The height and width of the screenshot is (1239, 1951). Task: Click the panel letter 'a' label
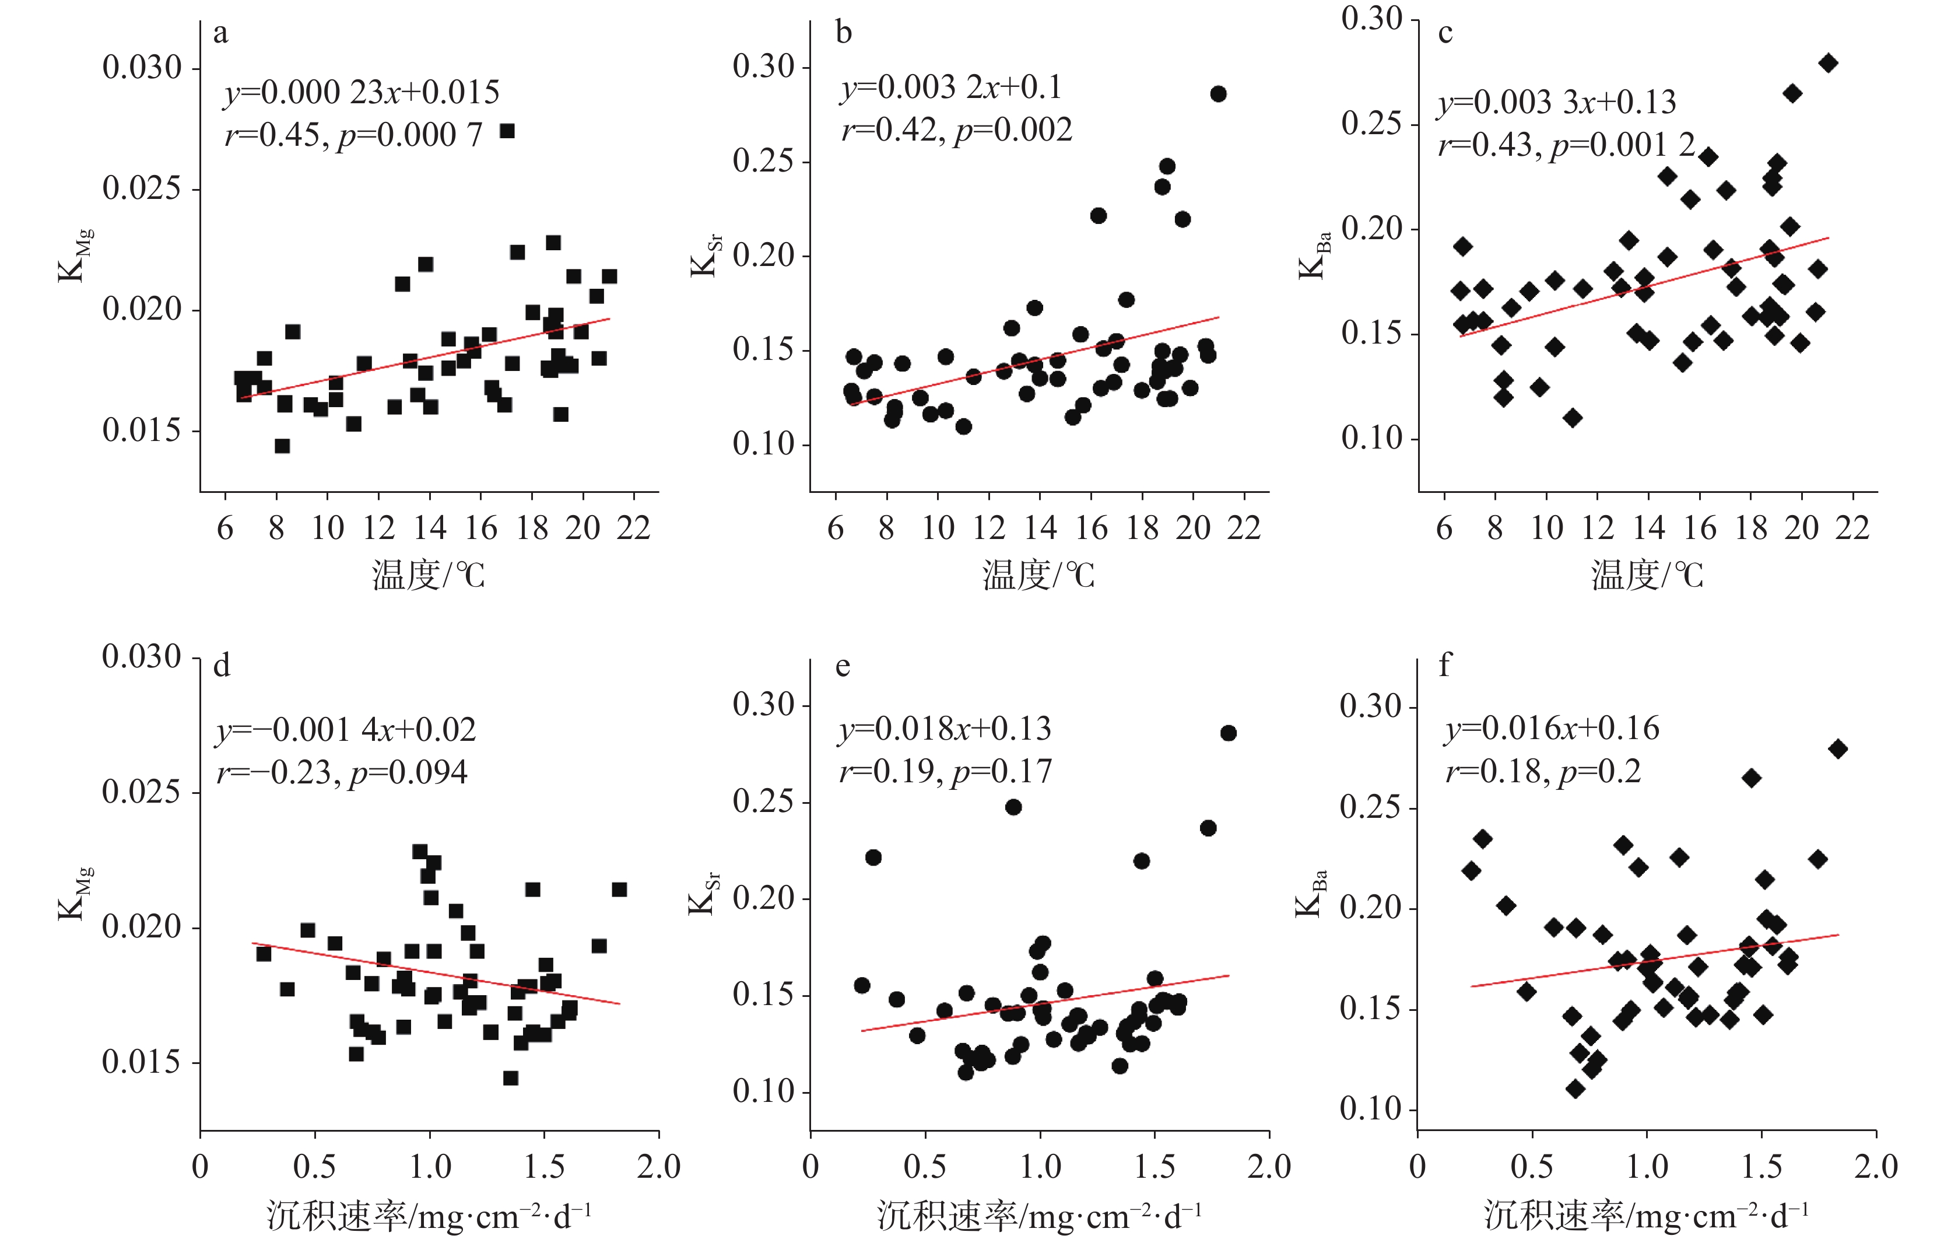point(220,34)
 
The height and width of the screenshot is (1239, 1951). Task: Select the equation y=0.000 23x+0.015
point(362,92)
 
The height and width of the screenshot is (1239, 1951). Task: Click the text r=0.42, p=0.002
point(956,129)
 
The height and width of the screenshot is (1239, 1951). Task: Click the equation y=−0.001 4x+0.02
point(346,730)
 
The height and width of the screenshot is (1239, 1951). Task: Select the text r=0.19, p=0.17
point(945,771)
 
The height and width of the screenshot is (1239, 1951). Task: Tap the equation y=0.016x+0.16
point(1552,729)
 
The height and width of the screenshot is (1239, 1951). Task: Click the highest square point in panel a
point(507,131)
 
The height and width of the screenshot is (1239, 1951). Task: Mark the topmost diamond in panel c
point(1828,63)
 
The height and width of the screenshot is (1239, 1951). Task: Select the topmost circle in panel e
point(1229,733)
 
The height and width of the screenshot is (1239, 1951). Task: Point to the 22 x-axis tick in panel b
point(1243,529)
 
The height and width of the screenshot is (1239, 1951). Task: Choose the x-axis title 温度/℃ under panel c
point(1647,575)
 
